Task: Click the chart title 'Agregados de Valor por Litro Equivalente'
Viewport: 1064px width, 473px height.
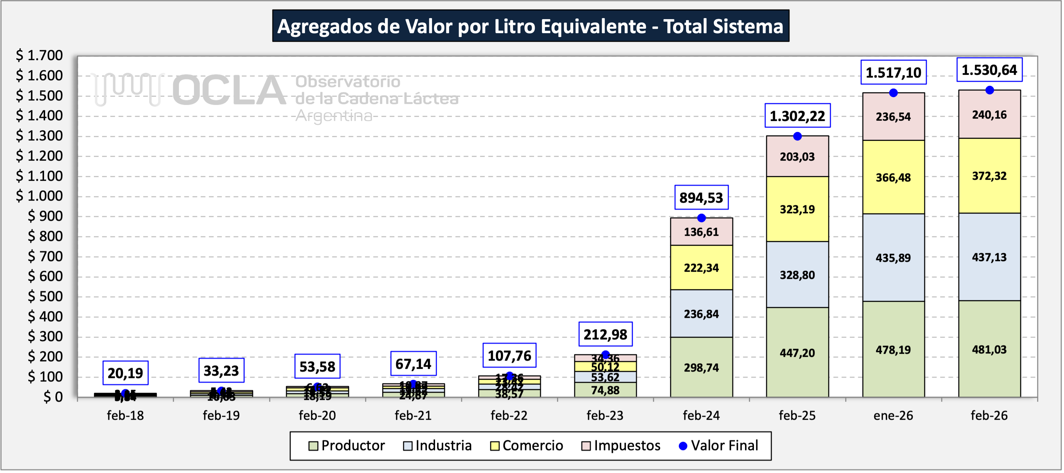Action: click(x=530, y=26)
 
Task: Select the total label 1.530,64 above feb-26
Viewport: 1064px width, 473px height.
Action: click(x=989, y=70)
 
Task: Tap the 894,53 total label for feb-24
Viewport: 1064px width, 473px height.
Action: click(x=701, y=198)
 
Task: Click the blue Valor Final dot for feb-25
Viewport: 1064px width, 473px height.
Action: click(x=797, y=136)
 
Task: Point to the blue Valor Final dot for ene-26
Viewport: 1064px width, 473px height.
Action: click(x=893, y=93)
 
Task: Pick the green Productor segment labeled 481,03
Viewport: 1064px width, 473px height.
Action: click(x=989, y=349)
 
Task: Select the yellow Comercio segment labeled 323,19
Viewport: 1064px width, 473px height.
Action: click(x=797, y=209)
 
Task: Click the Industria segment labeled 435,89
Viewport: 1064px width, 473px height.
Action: click(x=893, y=258)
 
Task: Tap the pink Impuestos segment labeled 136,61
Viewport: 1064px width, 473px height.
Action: click(x=701, y=231)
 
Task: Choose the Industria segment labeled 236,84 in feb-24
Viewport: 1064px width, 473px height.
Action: click(x=701, y=314)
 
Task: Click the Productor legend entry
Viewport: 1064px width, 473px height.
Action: click(x=347, y=445)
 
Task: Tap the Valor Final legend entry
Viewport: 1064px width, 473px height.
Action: click(x=719, y=445)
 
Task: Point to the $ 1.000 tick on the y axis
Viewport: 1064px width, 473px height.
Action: click(x=39, y=196)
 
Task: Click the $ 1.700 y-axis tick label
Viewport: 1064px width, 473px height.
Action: click(x=39, y=55)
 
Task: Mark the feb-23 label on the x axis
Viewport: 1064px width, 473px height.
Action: click(x=605, y=415)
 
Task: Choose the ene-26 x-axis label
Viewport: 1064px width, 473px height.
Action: click(x=893, y=415)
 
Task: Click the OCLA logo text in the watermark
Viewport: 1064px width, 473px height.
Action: click(x=229, y=91)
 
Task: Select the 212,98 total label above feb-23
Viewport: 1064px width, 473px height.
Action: click(x=605, y=334)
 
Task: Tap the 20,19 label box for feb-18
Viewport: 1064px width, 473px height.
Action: click(x=125, y=373)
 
